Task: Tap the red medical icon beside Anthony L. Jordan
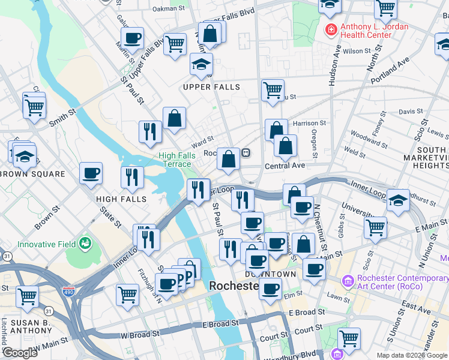point(330,28)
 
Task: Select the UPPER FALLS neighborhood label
point(212,87)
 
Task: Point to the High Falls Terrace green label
point(175,160)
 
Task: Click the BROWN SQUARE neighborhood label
point(32,174)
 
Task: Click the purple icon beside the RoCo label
point(348,281)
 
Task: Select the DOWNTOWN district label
point(271,274)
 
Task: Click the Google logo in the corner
point(20,353)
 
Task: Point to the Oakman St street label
point(169,9)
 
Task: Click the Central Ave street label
point(285,165)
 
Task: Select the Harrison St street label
point(309,123)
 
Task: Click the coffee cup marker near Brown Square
point(91,173)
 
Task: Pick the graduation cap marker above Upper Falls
point(201,65)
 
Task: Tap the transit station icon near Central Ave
point(246,154)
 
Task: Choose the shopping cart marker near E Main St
point(375,227)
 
